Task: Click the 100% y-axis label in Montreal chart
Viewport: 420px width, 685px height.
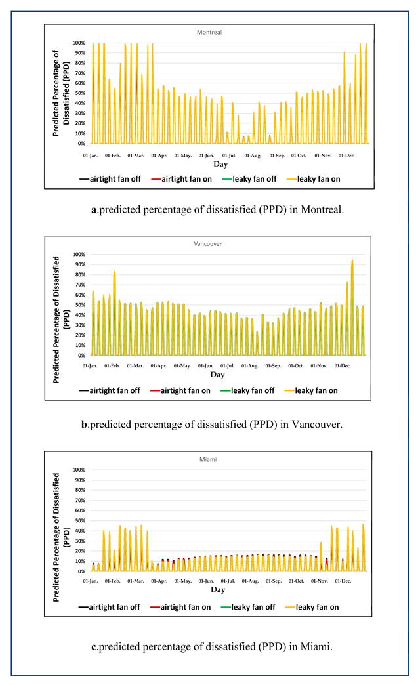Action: (79, 43)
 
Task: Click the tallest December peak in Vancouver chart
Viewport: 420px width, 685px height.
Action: (352, 260)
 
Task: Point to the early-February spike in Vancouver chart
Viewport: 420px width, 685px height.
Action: (115, 272)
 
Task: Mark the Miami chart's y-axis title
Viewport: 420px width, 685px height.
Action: (59, 521)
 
